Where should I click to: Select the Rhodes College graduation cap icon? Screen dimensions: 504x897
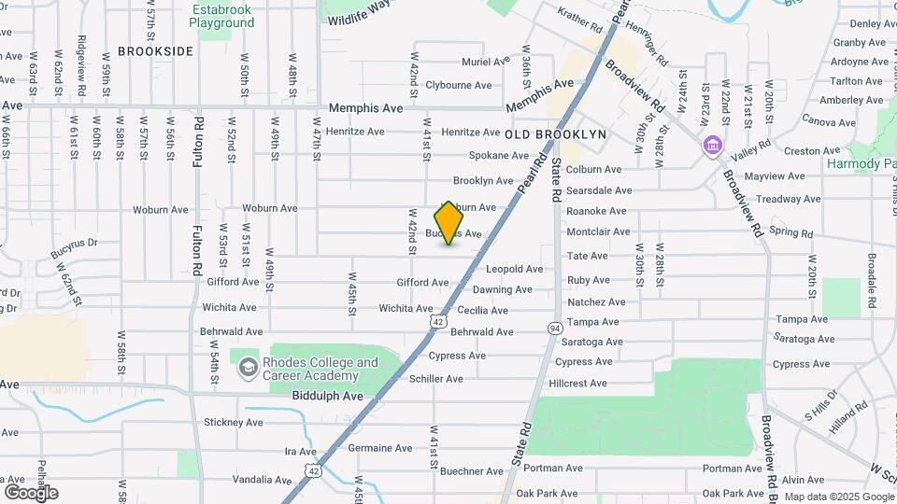pos(248,369)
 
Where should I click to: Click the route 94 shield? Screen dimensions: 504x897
pos(555,328)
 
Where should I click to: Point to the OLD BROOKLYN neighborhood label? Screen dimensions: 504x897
pos(556,134)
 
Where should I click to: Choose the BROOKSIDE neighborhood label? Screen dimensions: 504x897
pos(156,51)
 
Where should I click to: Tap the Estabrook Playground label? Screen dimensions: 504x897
pos(222,16)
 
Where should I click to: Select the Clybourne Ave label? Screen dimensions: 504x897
pos(458,85)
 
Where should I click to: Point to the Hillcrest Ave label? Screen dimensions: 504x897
pos(577,384)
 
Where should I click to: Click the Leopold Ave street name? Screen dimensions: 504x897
pos(514,269)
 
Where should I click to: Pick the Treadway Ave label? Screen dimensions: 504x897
pos(789,199)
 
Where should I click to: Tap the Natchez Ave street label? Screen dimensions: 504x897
pos(596,302)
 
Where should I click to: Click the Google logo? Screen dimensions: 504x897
pos(31,493)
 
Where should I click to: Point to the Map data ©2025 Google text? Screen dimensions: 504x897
pos(838,497)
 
